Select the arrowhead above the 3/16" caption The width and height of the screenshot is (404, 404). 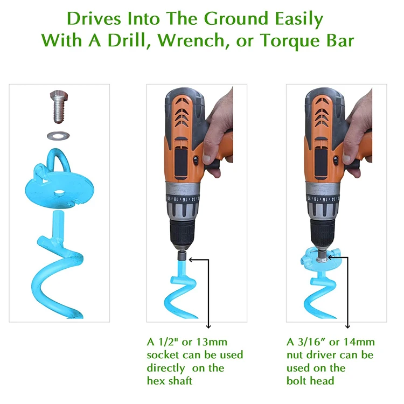(x=347, y=325)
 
